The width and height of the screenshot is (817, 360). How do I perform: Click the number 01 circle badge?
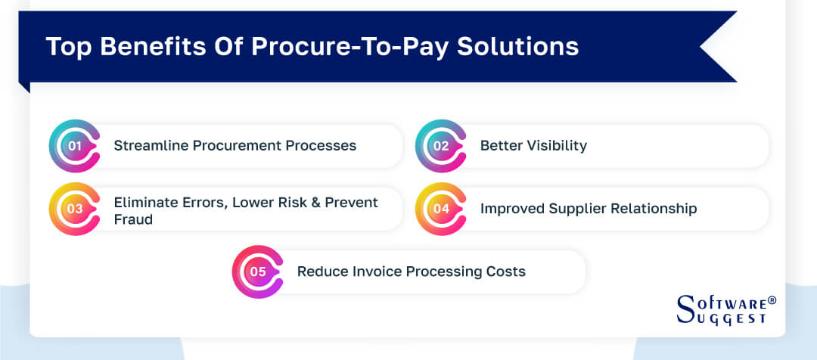click(x=74, y=146)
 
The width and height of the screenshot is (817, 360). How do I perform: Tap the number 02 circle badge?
click(x=440, y=146)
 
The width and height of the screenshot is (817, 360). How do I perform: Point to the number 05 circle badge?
click(x=257, y=272)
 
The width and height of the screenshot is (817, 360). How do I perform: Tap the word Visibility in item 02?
click(x=555, y=145)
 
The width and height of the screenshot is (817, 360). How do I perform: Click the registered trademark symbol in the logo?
click(x=772, y=300)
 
